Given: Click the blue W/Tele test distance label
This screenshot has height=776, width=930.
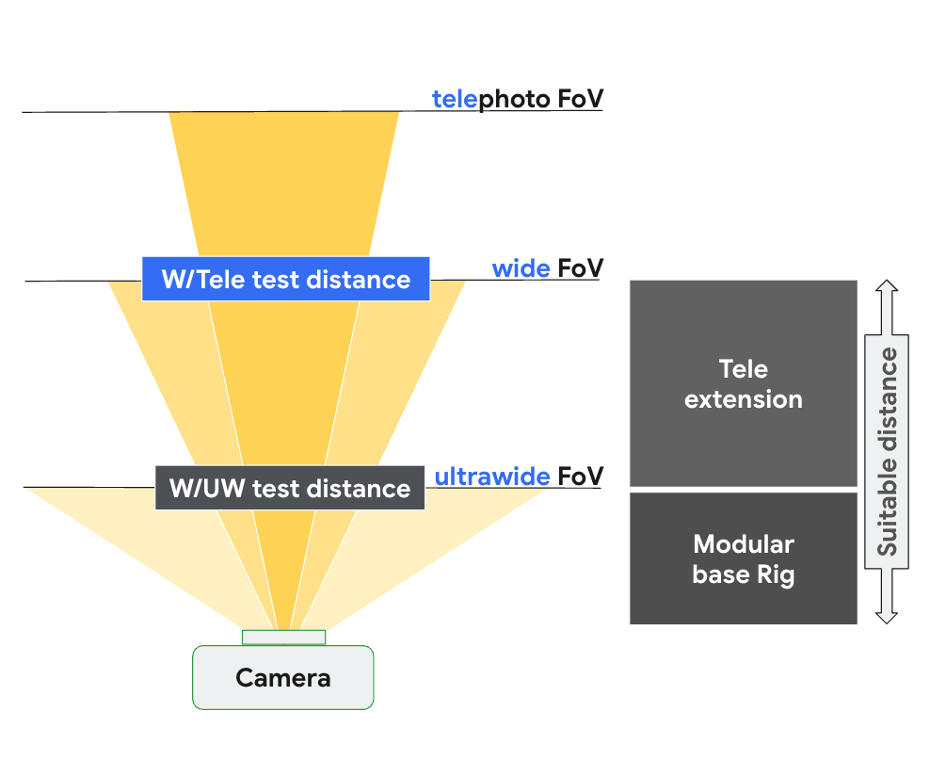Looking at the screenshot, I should point(285,279).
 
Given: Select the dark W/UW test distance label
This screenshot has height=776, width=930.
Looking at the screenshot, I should point(289,488).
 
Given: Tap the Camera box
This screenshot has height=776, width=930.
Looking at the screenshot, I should point(282,677).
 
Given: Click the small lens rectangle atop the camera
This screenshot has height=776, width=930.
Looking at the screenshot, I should point(283,638).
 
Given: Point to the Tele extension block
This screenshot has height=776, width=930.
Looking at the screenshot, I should point(743,383).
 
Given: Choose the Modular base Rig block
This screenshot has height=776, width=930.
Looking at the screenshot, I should point(743,558).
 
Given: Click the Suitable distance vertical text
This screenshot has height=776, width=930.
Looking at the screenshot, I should point(887,452).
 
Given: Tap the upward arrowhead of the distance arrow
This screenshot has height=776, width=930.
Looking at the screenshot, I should point(887,287).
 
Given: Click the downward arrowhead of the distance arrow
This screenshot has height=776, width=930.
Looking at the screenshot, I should point(887,615).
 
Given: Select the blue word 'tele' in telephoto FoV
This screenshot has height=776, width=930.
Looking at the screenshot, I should point(455,99).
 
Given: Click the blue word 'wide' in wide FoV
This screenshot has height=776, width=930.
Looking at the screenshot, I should point(521,268).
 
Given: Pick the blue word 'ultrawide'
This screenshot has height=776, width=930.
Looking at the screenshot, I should point(491,477).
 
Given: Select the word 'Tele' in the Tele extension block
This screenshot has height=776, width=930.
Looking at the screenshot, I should point(743,368).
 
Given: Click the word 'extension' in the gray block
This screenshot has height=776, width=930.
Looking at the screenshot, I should point(743,399).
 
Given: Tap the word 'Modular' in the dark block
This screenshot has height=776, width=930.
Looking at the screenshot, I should point(743,543).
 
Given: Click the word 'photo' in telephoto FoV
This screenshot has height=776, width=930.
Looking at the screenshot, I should point(515,99).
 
